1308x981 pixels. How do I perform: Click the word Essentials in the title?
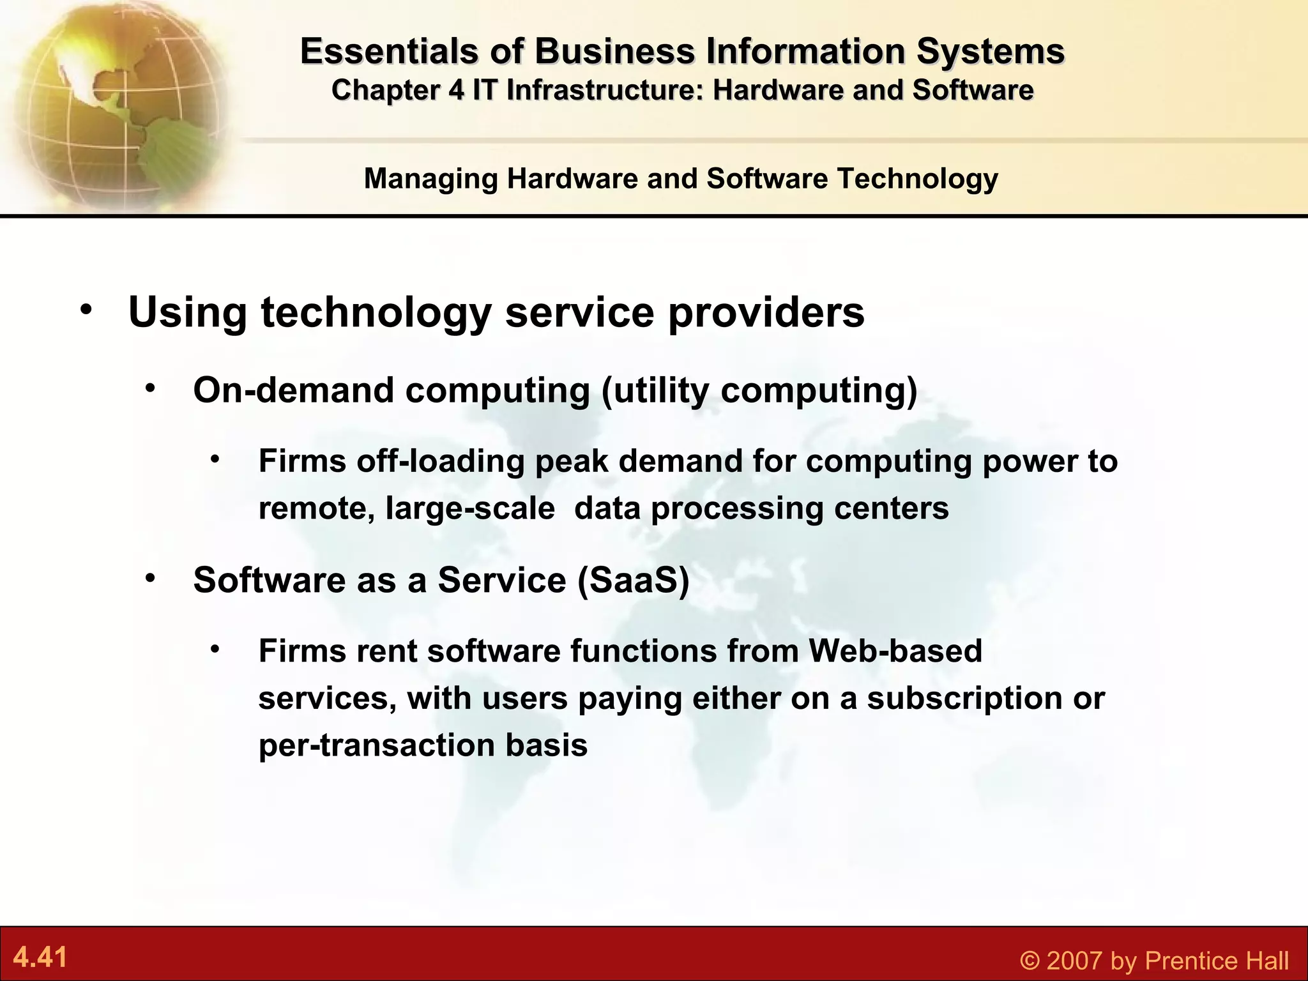(x=388, y=51)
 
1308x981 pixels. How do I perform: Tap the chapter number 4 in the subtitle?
(x=456, y=90)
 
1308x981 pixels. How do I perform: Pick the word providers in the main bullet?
(x=766, y=312)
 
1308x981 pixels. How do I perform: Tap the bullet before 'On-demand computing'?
(x=150, y=388)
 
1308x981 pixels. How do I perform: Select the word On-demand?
(x=293, y=390)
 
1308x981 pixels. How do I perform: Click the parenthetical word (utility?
(x=655, y=390)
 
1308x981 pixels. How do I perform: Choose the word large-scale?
(x=470, y=509)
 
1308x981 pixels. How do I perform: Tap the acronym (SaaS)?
(x=633, y=581)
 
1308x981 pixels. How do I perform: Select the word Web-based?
(x=895, y=651)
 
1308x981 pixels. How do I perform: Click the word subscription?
(x=964, y=699)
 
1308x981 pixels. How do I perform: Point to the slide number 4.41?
(x=40, y=957)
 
